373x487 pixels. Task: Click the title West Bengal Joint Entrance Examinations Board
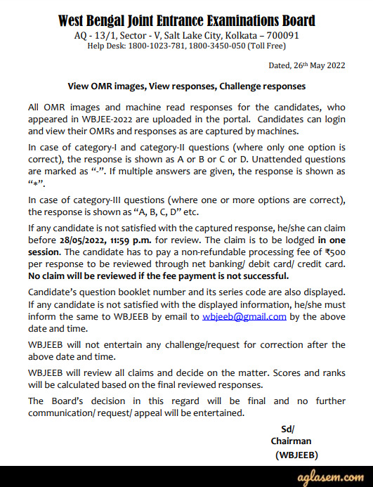coord(186,20)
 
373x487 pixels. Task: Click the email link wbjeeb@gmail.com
coord(244,316)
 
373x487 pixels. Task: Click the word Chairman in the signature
coord(291,441)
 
